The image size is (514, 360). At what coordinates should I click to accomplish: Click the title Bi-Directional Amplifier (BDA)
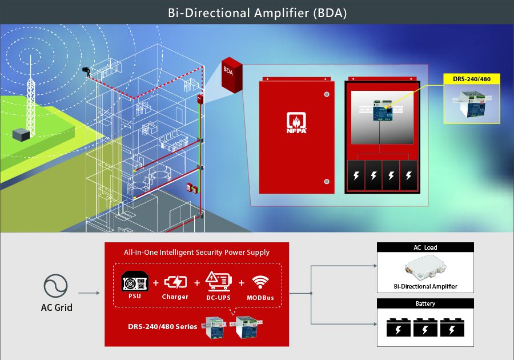click(257, 12)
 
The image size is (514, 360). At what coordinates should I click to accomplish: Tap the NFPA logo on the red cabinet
click(297, 122)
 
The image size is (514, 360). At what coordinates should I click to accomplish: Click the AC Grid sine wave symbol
click(55, 286)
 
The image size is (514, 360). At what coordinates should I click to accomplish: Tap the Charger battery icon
click(175, 282)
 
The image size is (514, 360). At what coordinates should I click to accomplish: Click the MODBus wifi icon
click(260, 282)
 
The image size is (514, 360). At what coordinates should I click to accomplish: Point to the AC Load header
click(425, 247)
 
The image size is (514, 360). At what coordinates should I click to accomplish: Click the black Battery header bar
click(425, 303)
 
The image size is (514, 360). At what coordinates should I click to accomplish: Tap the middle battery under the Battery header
click(425, 329)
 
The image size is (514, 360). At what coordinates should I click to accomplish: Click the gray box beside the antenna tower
click(21, 135)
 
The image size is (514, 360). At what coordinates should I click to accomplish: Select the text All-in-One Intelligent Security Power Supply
click(196, 252)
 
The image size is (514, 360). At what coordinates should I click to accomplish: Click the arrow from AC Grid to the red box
click(89, 294)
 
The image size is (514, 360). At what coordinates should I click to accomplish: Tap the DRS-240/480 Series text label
click(163, 326)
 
